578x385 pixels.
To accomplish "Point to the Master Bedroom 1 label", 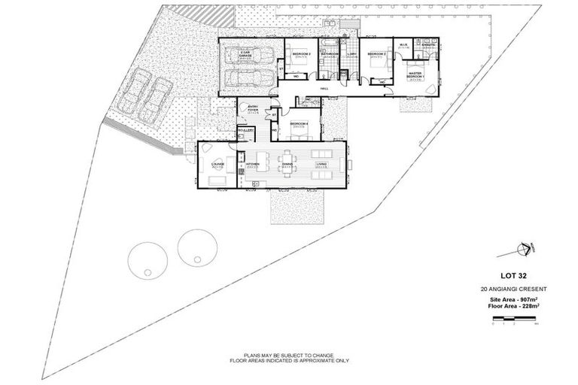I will point(416,75).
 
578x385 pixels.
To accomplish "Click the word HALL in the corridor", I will point(325,89).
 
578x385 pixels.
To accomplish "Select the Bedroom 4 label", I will point(299,126).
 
